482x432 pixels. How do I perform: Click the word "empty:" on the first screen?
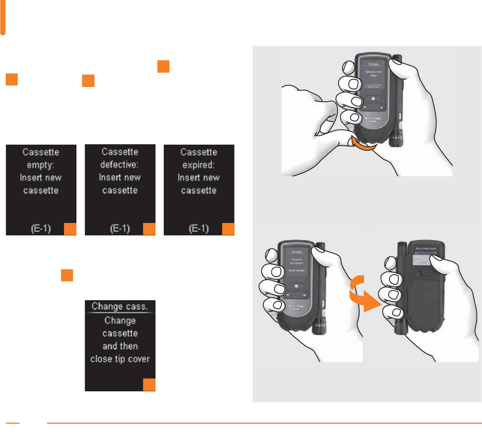click(x=41, y=165)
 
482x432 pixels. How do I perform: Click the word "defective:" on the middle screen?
click(x=119, y=165)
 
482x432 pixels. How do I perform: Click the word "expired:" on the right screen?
click(x=198, y=165)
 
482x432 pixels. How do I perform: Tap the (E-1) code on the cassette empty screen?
click(x=41, y=229)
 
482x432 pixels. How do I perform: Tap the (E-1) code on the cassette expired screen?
click(x=198, y=229)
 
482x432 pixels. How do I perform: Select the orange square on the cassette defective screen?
click(x=149, y=229)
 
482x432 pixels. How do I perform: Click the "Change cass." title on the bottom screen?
click(x=120, y=306)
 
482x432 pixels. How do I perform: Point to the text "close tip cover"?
click(x=120, y=359)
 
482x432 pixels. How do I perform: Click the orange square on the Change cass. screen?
click(x=149, y=385)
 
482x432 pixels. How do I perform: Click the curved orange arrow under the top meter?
click(x=363, y=145)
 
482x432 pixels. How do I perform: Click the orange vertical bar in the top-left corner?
click(x=3, y=17)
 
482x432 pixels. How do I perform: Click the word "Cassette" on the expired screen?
click(x=198, y=152)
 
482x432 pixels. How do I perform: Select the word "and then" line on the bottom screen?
click(x=120, y=346)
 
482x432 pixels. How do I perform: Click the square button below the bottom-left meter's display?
click(x=296, y=286)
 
